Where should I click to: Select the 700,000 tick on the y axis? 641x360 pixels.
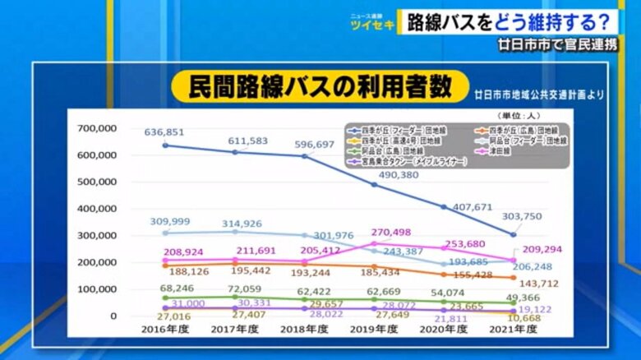97,128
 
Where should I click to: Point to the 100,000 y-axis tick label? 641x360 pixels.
97,289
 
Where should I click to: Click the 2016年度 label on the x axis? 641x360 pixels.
164,329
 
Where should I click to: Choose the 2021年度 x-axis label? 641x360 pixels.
514,329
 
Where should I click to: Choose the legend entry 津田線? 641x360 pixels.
500,151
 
